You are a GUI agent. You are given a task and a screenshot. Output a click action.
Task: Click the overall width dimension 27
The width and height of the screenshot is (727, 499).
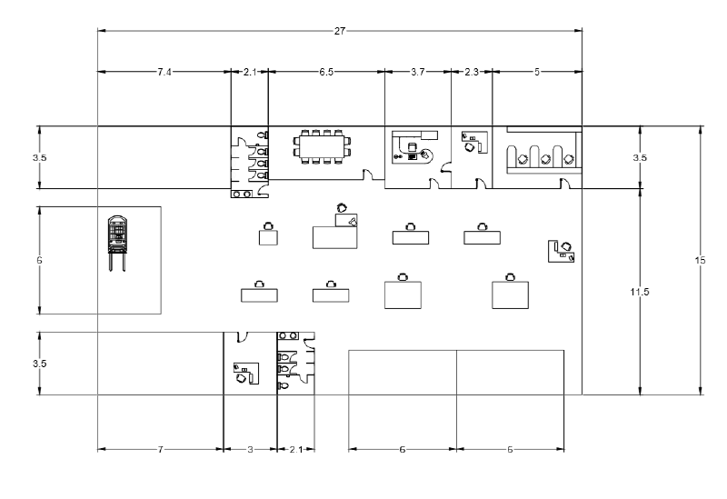coord(340,30)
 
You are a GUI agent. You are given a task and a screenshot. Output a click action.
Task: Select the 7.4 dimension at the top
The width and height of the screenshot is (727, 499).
coord(164,71)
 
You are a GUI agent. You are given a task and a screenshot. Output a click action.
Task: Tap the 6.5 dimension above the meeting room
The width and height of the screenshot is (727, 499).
coord(325,71)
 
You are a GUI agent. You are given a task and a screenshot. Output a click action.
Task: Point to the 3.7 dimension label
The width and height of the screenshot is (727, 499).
coord(417,71)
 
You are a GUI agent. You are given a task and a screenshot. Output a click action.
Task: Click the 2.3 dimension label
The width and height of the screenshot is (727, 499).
coord(472,71)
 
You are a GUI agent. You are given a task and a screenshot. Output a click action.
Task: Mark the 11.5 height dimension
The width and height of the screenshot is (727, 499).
coord(642,292)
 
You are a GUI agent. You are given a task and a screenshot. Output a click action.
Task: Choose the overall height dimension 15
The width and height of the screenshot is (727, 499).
coord(700,261)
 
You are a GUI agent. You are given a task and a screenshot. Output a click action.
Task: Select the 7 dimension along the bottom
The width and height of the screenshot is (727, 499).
coord(160,449)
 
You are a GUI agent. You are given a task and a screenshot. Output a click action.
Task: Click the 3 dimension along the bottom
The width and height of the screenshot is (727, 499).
coord(250,449)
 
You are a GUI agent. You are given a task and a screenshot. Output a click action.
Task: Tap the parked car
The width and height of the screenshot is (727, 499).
coord(115,238)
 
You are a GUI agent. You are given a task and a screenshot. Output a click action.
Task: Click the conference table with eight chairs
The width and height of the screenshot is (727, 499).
coord(321,146)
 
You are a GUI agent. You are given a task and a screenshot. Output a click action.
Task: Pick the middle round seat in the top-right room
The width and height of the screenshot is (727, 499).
coord(545,159)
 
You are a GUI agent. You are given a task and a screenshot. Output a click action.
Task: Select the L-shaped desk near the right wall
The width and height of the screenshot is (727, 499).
coord(562,250)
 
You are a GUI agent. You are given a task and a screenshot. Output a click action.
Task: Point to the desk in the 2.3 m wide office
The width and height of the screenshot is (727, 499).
coord(473,143)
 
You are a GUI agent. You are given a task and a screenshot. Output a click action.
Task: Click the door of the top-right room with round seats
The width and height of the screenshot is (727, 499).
coord(565,185)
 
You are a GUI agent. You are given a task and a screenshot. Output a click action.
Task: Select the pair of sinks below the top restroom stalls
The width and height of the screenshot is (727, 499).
coord(242,194)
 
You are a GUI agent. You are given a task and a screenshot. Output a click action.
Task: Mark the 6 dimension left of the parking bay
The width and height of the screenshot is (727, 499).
coord(39,260)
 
